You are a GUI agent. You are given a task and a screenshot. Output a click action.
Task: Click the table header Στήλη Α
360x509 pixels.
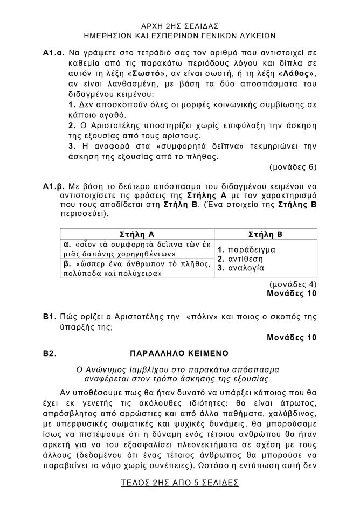tap(136, 234)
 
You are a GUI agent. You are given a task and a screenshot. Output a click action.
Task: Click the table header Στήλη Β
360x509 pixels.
tap(266, 234)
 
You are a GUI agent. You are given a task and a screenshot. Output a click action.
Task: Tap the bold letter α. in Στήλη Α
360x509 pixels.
tap(68, 243)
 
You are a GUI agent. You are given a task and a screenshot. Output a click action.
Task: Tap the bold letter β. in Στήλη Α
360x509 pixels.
tap(68, 263)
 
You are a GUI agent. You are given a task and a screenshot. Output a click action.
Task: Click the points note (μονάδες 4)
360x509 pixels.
tap(292, 284)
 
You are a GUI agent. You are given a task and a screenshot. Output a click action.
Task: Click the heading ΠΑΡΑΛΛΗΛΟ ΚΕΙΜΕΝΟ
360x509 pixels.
tap(179, 353)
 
